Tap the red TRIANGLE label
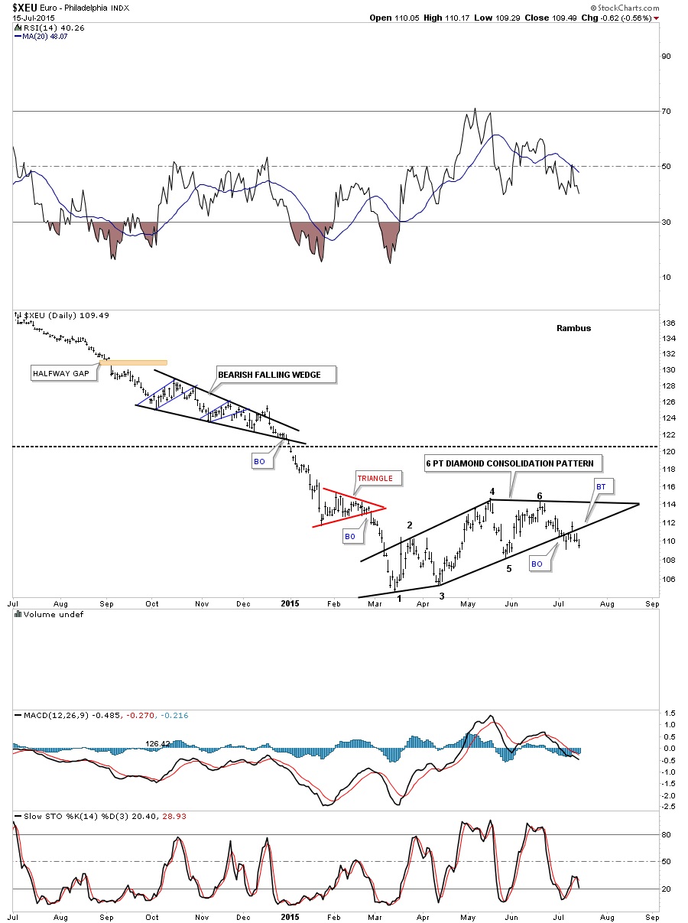click(x=374, y=478)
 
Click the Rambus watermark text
click(x=574, y=328)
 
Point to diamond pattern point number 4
click(x=492, y=491)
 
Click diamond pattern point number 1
click(x=399, y=598)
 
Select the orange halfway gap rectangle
click(x=133, y=362)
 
